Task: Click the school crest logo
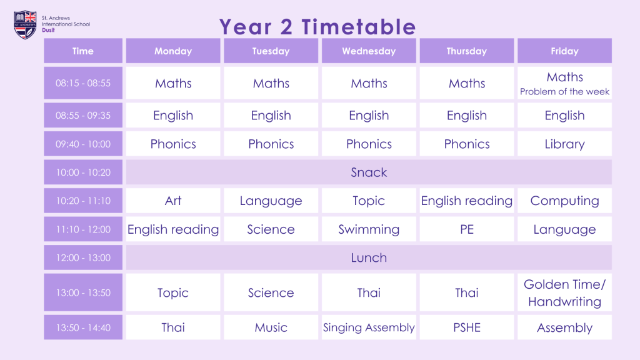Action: pyautogui.click(x=25, y=24)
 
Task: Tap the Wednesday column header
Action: pyautogui.click(x=369, y=51)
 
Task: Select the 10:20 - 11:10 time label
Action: pyautogui.click(x=83, y=201)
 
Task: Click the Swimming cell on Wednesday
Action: pyautogui.click(x=369, y=229)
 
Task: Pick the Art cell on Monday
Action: pyautogui.click(x=173, y=201)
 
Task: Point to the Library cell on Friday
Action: pyautogui.click(x=564, y=144)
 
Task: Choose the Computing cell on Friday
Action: pyautogui.click(x=564, y=201)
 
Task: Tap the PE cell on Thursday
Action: pyautogui.click(x=467, y=229)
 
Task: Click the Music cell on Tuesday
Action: pyautogui.click(x=271, y=327)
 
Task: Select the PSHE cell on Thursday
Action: pyautogui.click(x=467, y=327)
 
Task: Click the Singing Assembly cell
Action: pyautogui.click(x=369, y=327)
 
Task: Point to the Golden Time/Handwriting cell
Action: pyautogui.click(x=564, y=292)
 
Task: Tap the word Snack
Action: pyautogui.click(x=369, y=172)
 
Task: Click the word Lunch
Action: pyautogui.click(x=369, y=258)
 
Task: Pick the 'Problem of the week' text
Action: pyautogui.click(x=564, y=92)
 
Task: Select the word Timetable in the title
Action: pyautogui.click(x=359, y=27)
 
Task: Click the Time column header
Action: pyautogui.click(x=83, y=51)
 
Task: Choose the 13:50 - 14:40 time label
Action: pyautogui.click(x=83, y=327)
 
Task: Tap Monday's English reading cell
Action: pyautogui.click(x=173, y=229)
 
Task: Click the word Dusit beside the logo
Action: pyautogui.click(x=48, y=30)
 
